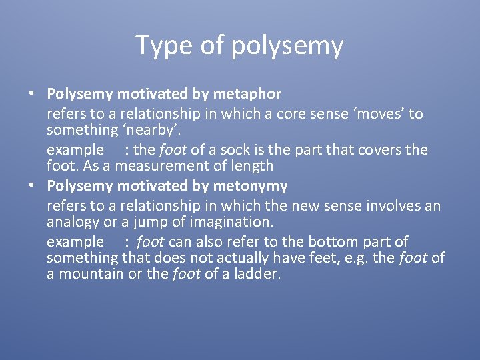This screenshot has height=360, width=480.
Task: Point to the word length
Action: [x=251, y=165]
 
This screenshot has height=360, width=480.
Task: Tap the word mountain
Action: [x=89, y=274]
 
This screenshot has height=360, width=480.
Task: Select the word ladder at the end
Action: [x=257, y=274]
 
